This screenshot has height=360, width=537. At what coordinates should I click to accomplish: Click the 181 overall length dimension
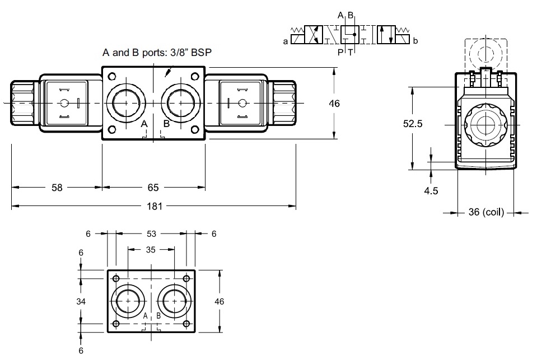[x=154, y=206]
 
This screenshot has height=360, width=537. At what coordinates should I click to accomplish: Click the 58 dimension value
[x=57, y=188]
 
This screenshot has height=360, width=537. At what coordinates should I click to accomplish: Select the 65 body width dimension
[x=153, y=188]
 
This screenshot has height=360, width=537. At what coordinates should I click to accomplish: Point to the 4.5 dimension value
[x=431, y=190]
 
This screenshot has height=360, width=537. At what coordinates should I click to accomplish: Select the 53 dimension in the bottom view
[x=151, y=233]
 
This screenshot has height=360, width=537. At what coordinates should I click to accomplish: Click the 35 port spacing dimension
[x=151, y=250]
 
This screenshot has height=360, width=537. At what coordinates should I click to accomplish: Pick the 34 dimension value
[x=81, y=301]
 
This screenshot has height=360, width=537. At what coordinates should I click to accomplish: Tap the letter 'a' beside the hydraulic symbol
[x=286, y=41]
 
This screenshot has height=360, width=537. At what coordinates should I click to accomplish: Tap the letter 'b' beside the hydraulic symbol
[x=415, y=41]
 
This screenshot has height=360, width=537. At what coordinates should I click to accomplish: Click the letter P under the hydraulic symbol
[x=340, y=53]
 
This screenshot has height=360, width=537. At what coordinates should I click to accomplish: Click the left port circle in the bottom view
[x=128, y=301]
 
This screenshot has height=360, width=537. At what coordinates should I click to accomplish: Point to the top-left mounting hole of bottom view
[x=116, y=279]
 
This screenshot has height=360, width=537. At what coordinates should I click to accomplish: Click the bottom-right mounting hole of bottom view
[x=186, y=324]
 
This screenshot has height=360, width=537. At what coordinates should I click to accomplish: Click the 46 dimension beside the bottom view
[x=219, y=301]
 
